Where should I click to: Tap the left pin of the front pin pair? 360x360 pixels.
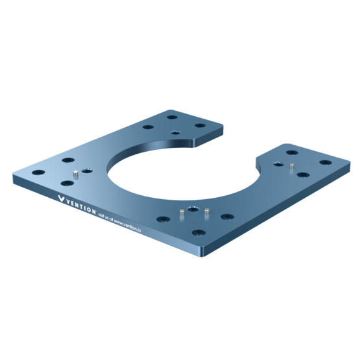point(180,213)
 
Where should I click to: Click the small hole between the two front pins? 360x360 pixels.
point(192,210)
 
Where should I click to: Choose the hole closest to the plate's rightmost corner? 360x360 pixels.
point(323,161)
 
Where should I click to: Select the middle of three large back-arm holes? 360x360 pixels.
point(172,118)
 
